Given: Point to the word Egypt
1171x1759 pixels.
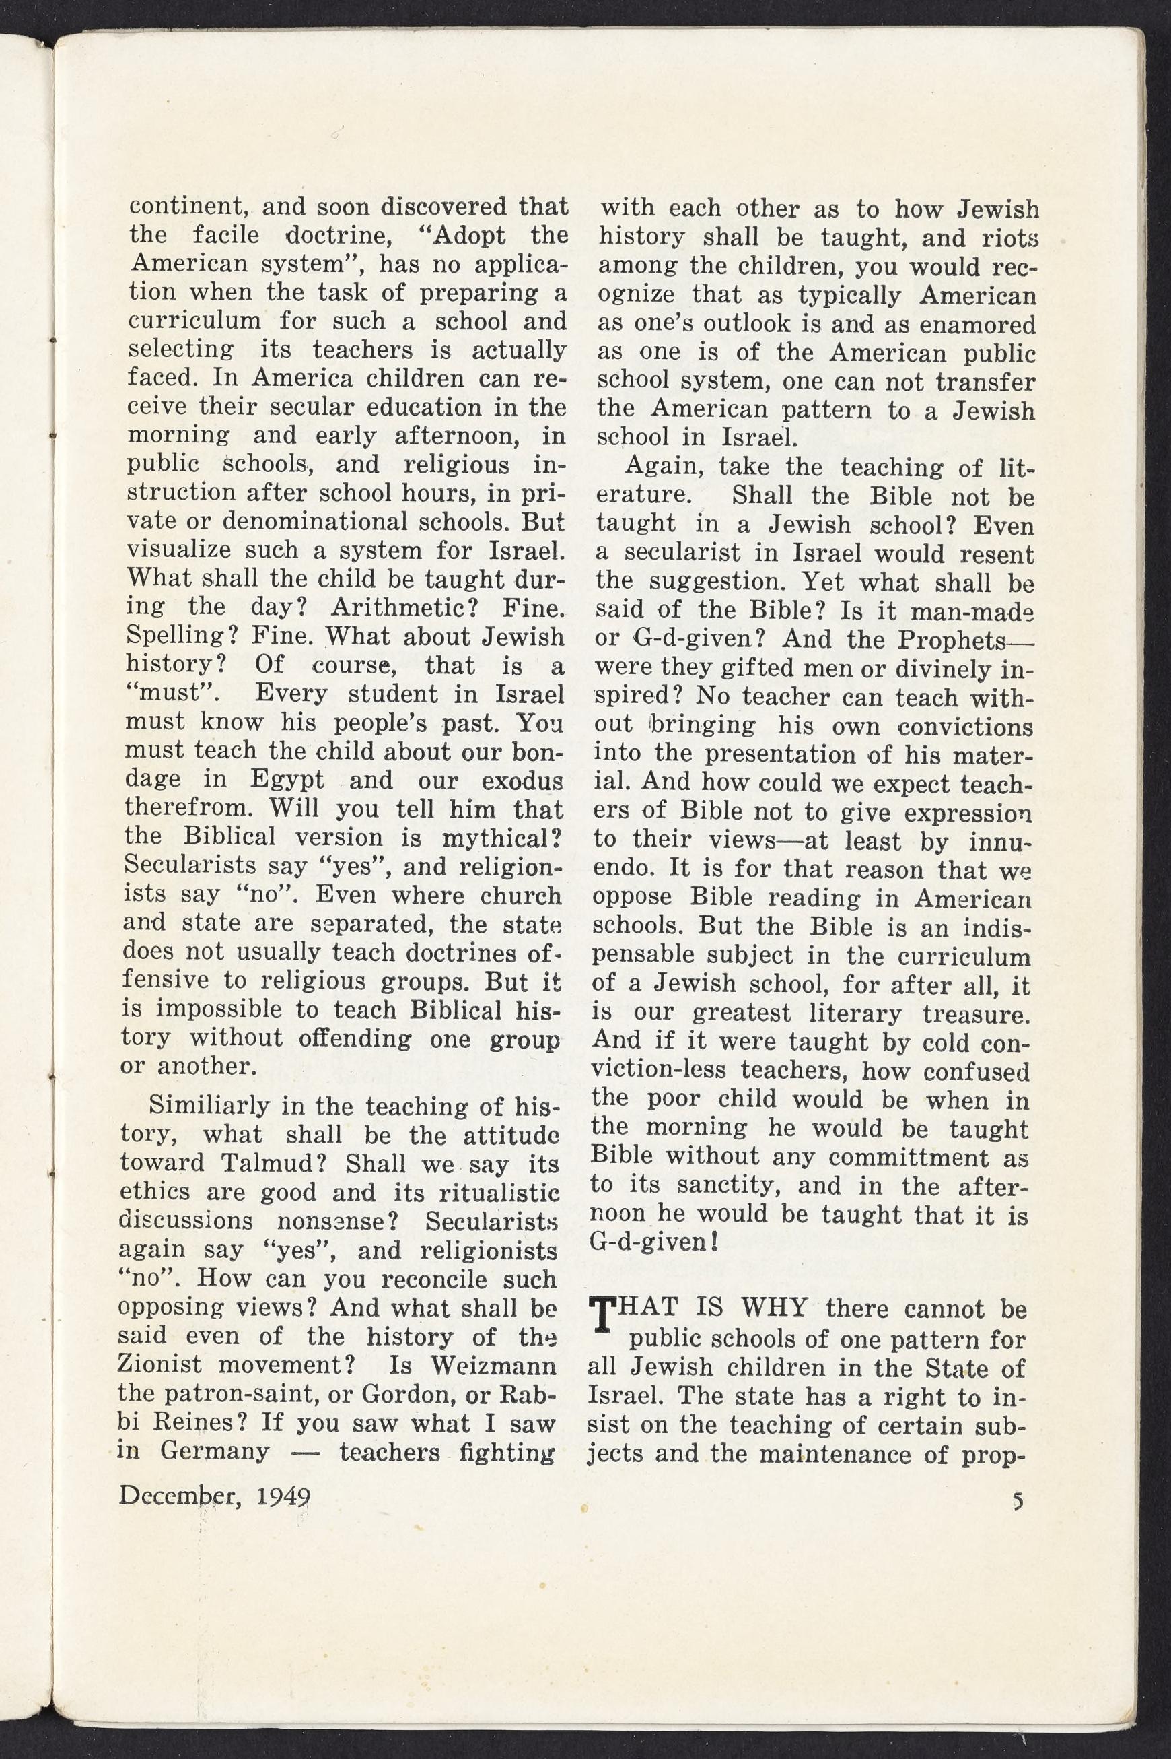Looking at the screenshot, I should (x=287, y=778).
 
